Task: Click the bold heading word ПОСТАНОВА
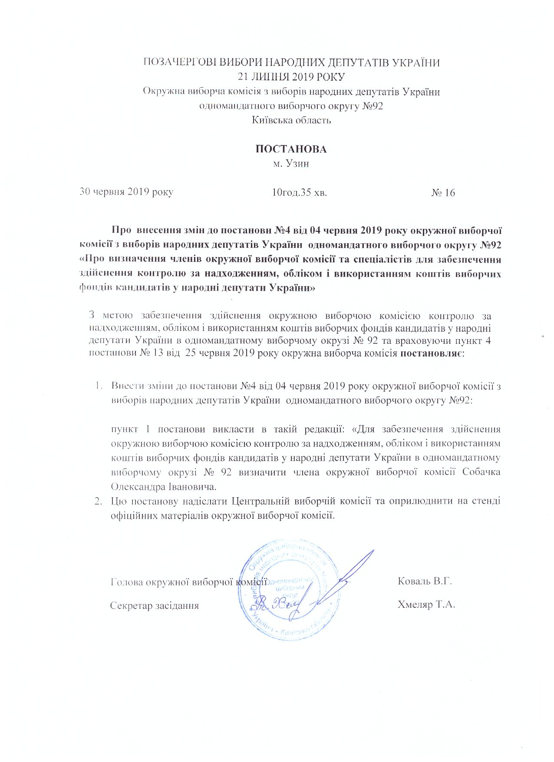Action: [290, 149]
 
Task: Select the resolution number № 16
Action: [443, 193]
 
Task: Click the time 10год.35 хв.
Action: [299, 192]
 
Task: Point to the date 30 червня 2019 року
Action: [126, 192]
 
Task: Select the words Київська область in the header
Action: [291, 120]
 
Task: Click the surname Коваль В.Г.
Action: [425, 581]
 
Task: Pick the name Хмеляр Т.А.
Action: [426, 604]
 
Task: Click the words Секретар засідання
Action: [155, 605]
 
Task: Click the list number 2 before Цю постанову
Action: [98, 501]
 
